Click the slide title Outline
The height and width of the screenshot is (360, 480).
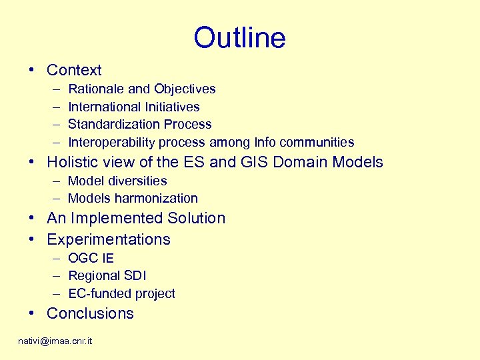(x=239, y=37)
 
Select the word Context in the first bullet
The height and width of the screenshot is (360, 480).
(x=74, y=70)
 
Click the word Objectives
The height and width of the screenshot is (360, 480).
(x=185, y=89)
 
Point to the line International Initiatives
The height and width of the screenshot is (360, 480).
(x=133, y=107)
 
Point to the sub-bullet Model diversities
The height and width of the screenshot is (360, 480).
(x=117, y=181)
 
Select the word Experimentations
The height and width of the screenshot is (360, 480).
(x=109, y=239)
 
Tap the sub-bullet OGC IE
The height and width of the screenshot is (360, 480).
(x=91, y=258)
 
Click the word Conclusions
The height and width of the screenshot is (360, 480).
(x=90, y=313)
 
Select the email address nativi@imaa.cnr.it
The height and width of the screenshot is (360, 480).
(x=55, y=341)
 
